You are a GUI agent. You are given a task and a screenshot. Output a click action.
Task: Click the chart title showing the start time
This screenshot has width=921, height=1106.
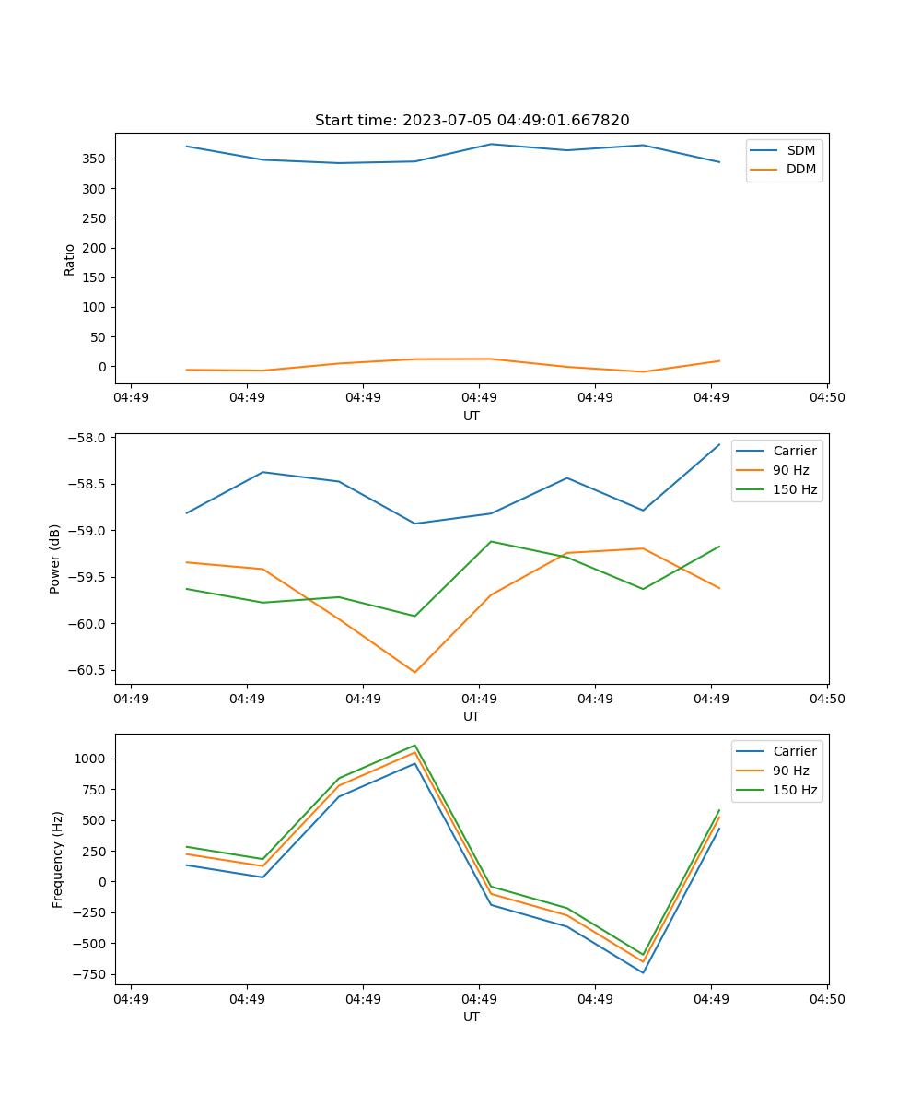point(472,121)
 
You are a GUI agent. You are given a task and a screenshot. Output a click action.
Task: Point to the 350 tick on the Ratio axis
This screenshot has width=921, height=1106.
point(97,159)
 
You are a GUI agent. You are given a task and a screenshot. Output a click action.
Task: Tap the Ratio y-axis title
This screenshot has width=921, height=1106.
point(70,259)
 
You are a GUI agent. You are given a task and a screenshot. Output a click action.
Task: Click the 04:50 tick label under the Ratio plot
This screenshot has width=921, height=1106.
point(826,397)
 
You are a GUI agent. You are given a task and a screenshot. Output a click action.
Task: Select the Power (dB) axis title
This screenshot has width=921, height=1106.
point(55,559)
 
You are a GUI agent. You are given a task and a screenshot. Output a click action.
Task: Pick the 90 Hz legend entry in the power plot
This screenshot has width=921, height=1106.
point(790,470)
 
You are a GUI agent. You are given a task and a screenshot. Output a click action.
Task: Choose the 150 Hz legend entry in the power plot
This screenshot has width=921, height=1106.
point(794,489)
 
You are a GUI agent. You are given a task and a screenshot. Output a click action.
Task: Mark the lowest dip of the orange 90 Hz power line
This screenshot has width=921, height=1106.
point(414,672)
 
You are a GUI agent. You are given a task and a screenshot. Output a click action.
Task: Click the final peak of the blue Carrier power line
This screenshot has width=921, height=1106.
point(719,444)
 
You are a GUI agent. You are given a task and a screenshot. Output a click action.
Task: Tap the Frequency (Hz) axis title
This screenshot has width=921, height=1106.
point(58,859)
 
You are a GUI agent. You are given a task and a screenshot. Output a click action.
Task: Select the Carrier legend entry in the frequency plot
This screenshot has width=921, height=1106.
point(794,751)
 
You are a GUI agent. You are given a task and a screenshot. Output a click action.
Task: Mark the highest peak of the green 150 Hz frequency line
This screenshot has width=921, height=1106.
point(414,745)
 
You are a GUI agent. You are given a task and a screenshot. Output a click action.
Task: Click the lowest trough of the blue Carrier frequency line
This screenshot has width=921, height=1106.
point(643,972)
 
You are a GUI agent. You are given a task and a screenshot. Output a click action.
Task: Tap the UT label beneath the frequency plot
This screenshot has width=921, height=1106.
point(472,1017)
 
